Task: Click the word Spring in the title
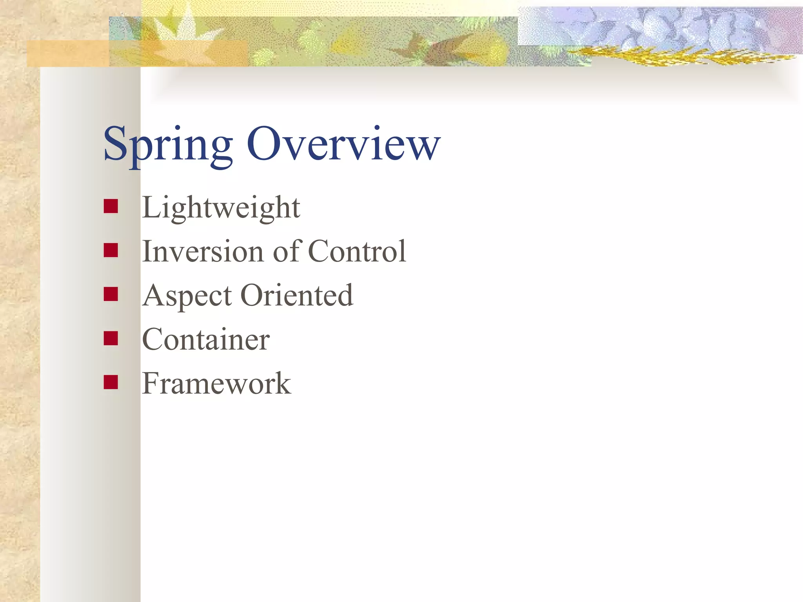168,145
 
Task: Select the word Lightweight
221,208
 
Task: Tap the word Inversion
203,251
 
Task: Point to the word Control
357,251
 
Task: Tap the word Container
206,339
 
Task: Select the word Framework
216,384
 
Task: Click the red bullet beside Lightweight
111,206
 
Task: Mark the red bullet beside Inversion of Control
111,250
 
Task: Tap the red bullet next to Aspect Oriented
111,294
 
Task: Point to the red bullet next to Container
111,338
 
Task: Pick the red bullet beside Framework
111,382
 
